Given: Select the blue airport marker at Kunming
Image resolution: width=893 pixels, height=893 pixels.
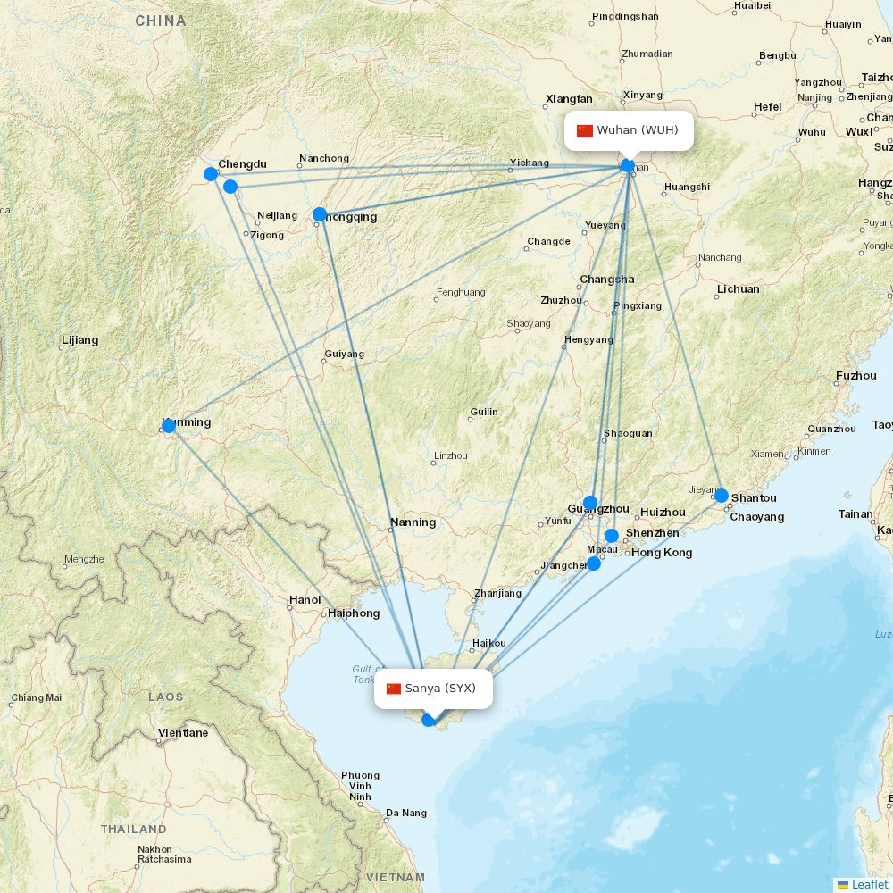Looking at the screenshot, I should coord(169,426).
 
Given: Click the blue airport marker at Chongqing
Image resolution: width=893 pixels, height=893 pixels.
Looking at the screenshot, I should coord(320,214).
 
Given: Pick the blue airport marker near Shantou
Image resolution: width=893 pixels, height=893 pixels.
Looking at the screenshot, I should coord(722,496).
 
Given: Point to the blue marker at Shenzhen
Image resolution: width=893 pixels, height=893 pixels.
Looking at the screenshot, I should coord(612,536).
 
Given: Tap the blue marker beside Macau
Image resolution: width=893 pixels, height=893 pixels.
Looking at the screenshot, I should coord(594,563).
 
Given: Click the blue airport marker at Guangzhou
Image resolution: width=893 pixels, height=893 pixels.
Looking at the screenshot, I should coord(590,503).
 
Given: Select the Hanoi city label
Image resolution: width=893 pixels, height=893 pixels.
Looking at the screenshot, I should coord(305,600).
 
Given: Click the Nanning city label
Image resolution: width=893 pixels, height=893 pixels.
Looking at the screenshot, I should coord(413,522).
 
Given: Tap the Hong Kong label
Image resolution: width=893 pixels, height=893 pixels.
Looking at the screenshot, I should coord(662,553).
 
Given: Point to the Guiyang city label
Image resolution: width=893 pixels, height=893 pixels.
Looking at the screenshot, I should coord(345,354).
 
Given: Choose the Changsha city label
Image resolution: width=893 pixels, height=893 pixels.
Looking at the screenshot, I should coord(607,280).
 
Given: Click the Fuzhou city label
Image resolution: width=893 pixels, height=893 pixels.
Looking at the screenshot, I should coord(856,376).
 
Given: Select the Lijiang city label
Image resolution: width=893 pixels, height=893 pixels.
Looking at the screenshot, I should coord(80,340).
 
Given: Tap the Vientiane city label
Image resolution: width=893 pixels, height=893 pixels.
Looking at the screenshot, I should coord(183,733).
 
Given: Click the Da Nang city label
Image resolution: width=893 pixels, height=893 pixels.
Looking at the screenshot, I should coord(406,814).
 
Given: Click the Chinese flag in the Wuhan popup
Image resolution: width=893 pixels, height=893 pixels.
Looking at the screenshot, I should coord(585,130).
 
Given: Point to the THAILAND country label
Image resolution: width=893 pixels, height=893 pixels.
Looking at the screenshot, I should coord(134,829).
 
